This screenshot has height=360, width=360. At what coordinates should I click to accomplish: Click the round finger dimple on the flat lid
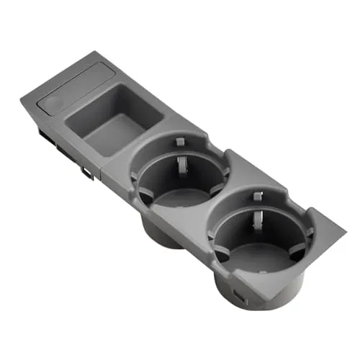point(53,104)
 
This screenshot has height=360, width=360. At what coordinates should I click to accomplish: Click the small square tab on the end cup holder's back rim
point(257,197)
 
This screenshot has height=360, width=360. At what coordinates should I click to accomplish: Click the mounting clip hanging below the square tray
point(86,172)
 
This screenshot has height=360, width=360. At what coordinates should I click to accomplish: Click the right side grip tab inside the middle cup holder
point(223,173)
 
